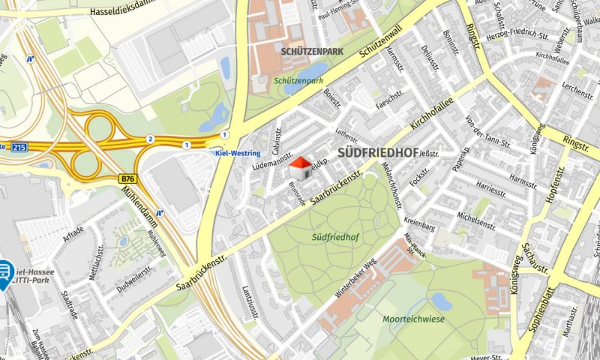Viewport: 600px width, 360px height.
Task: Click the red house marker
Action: pos(300,168)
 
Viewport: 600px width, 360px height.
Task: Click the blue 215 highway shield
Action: pos(20,148)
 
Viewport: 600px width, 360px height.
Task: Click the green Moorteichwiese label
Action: pos(414,319)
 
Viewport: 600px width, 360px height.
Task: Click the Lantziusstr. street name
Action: pos(249,304)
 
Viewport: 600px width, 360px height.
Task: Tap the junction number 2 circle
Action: pos(150,139)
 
